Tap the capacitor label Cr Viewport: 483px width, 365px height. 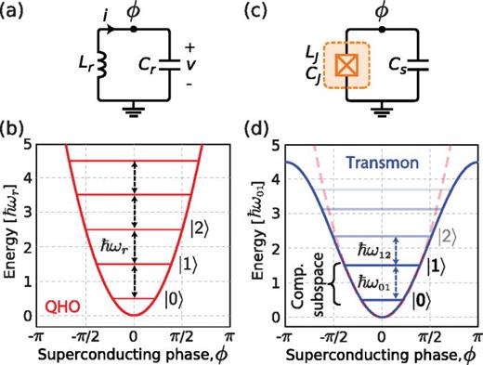tap(138, 66)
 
